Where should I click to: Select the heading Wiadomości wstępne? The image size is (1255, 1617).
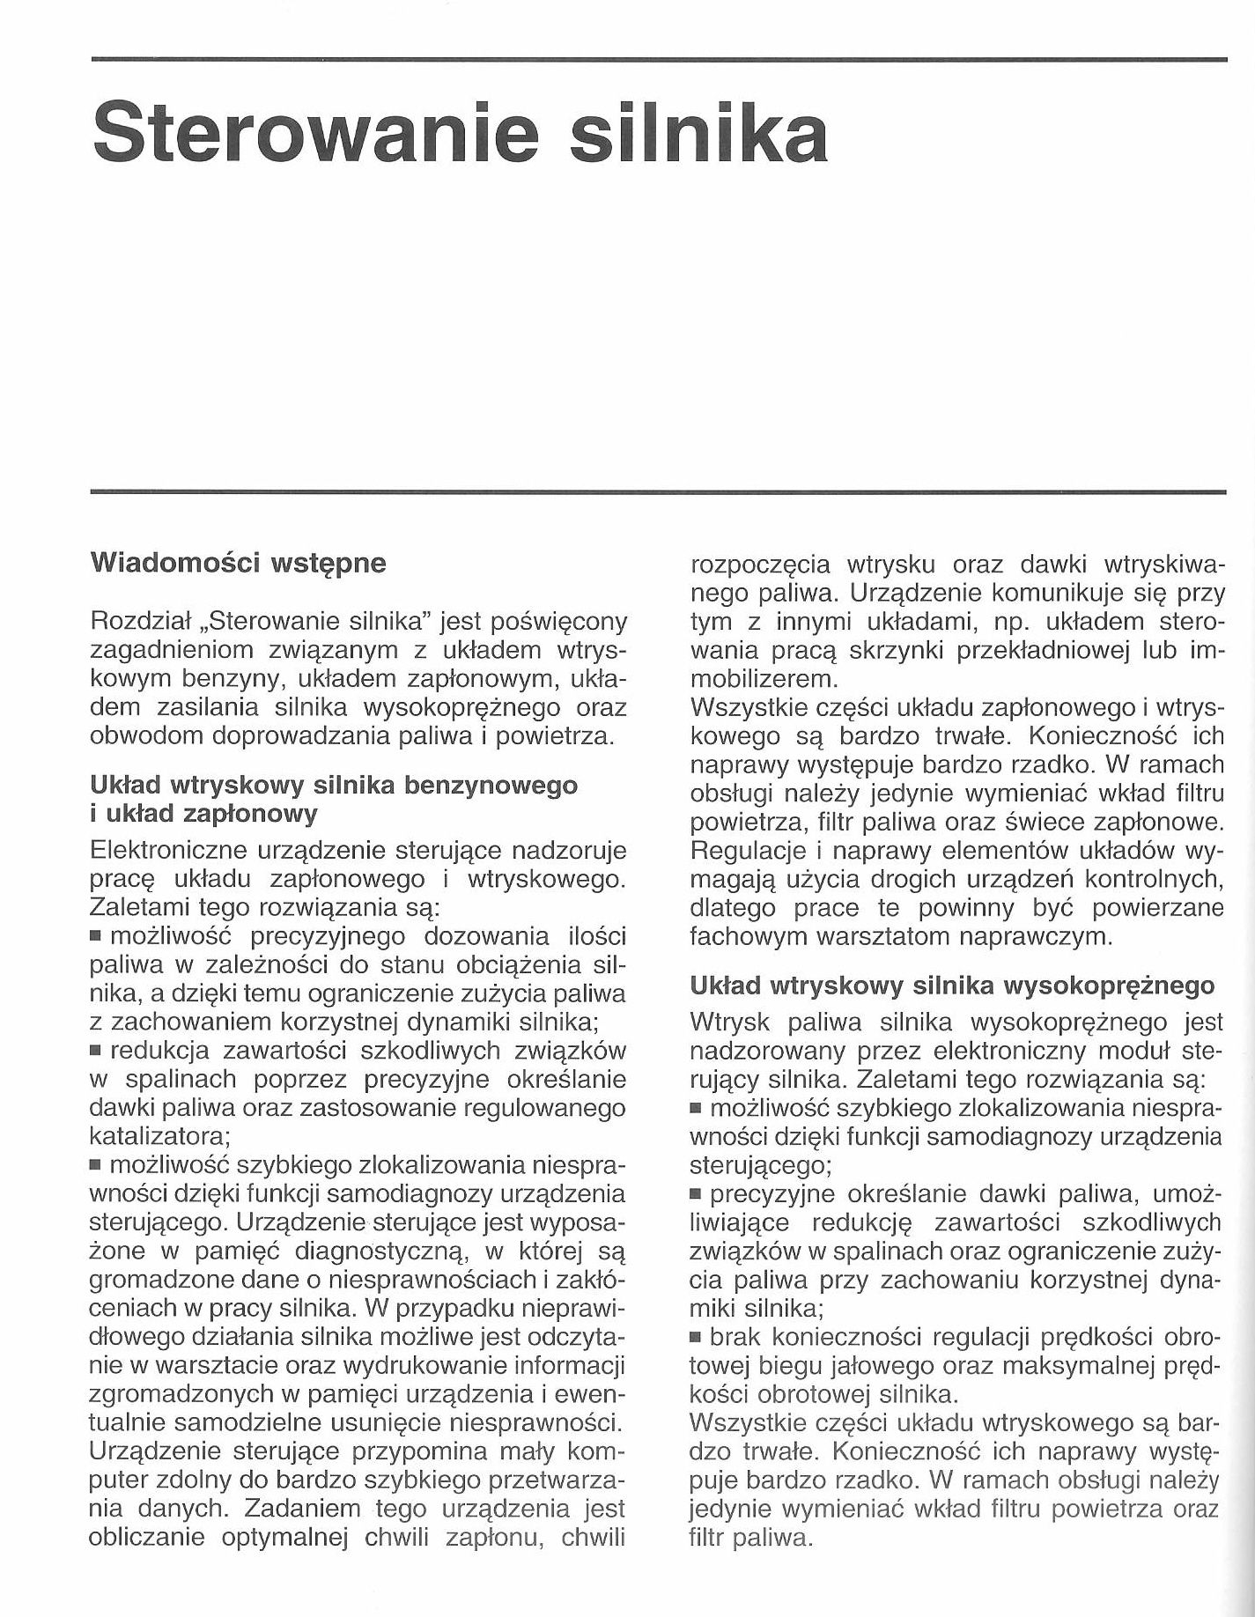[x=239, y=564]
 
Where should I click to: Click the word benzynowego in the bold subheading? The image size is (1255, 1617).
[x=491, y=786]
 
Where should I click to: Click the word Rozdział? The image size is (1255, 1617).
[x=141, y=622]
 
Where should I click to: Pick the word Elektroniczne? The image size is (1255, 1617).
[x=179, y=851]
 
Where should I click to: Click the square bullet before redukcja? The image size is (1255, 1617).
[x=96, y=1052]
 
